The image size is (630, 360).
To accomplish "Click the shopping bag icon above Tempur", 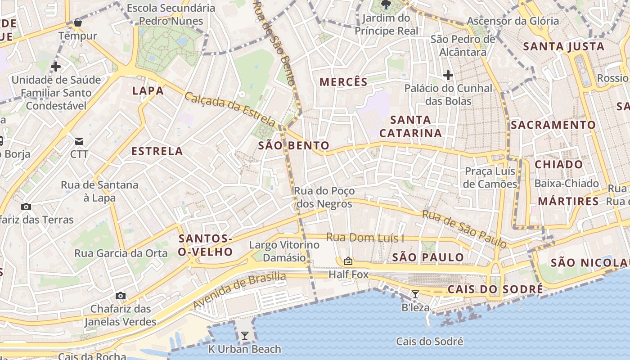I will click(x=78, y=22).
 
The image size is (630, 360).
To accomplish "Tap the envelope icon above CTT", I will click(x=79, y=141).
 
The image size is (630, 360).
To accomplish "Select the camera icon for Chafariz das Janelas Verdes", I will click(x=120, y=296).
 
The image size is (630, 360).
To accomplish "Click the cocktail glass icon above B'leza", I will click(x=415, y=294).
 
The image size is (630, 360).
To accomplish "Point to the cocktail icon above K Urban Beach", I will click(x=244, y=335).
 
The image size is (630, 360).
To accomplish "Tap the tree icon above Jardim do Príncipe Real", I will click(x=386, y=5).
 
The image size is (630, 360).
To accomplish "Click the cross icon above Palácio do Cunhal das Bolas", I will click(x=448, y=75).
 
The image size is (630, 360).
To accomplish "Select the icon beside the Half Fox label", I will click(x=348, y=261).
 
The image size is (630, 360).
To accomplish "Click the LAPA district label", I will click(x=148, y=91).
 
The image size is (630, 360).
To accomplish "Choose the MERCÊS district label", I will click(x=343, y=82).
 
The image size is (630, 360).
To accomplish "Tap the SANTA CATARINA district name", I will click(x=410, y=126).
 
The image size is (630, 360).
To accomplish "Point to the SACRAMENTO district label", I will click(x=553, y=125).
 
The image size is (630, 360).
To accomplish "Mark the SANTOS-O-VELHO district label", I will click(x=205, y=245).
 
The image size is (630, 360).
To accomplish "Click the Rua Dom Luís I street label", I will click(x=365, y=237).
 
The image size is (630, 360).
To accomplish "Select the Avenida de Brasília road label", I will click(x=239, y=290).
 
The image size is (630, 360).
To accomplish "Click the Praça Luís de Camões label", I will click(x=490, y=178).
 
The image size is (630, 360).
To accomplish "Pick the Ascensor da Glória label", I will click(x=513, y=21).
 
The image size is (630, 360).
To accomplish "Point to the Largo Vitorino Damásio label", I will click(x=284, y=252).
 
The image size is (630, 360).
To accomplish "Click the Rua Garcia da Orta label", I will click(x=121, y=253).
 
